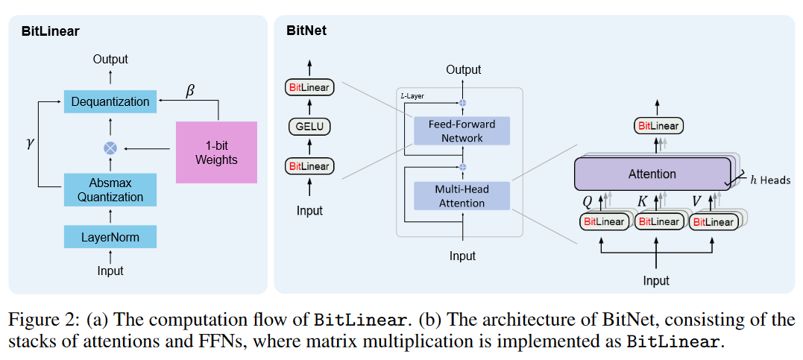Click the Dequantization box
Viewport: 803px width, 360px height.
click(110, 101)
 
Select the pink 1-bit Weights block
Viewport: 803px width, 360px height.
click(216, 152)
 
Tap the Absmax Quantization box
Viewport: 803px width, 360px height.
click(110, 189)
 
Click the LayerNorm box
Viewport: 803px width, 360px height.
click(110, 237)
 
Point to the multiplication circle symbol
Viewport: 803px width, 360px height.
click(110, 148)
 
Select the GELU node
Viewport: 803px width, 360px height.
click(309, 126)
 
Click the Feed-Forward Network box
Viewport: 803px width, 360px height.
click(462, 130)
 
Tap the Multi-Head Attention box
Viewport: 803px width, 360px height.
click(462, 195)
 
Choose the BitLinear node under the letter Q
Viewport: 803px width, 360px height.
click(604, 221)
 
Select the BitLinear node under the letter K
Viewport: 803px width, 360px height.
click(658, 221)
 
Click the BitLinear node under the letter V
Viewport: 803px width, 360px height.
click(712, 221)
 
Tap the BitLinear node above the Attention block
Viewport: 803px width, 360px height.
click(658, 126)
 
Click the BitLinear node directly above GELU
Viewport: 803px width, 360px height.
click(309, 88)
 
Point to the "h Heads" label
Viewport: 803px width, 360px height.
click(770, 180)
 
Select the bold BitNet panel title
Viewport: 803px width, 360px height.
click(306, 31)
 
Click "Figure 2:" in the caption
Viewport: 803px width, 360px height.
click(42, 320)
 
